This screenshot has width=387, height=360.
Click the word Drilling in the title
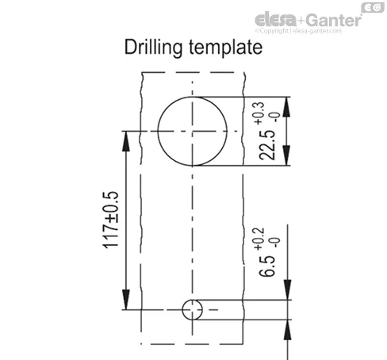coord(153,48)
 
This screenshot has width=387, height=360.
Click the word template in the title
coord(226,48)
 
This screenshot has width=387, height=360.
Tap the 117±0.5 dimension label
coord(110,220)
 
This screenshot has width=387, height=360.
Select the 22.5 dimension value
coord(267,145)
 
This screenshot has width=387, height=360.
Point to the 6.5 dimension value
coord(267,266)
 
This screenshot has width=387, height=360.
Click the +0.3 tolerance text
coord(259,113)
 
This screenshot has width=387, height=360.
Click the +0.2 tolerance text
coord(259,239)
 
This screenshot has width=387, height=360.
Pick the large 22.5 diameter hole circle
coord(158,132)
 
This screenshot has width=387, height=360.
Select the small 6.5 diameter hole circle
coord(182,310)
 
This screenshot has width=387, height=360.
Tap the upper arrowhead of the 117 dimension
coord(126,141)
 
